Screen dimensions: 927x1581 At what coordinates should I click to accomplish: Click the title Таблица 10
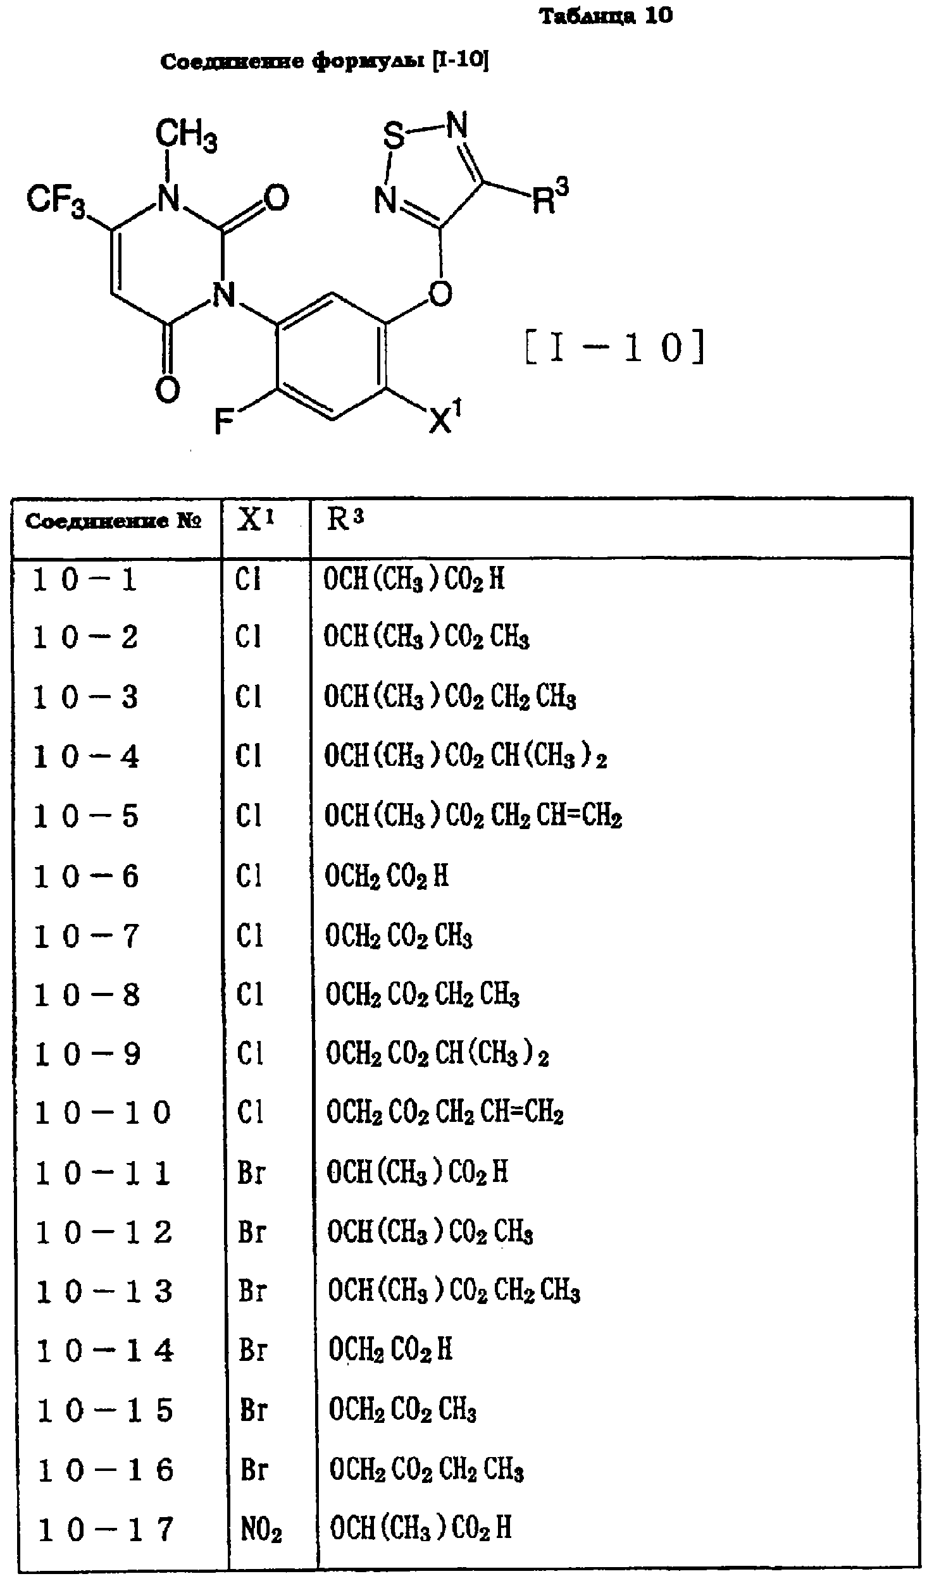[x=606, y=16]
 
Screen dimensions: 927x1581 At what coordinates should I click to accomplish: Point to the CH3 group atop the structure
[x=186, y=135]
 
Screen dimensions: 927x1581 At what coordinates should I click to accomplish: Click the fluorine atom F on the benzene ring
[x=225, y=421]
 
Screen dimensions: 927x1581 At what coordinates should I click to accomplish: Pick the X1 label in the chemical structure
[x=445, y=418]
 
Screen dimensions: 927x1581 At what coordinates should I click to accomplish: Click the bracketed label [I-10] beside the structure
[x=614, y=348]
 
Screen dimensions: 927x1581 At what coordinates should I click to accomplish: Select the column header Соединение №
[x=113, y=522]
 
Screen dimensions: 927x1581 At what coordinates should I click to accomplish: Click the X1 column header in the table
[x=256, y=520]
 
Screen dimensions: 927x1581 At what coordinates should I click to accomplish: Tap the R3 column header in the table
[x=345, y=520]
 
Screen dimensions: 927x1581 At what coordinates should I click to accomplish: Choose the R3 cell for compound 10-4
[x=466, y=756]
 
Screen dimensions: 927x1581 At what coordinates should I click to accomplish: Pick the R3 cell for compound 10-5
[x=473, y=816]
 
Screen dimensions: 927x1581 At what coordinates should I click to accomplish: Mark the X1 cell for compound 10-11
[x=251, y=1173]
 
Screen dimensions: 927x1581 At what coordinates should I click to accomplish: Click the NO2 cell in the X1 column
[x=261, y=1530]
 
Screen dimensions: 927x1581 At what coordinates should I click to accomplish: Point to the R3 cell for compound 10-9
[x=437, y=1054]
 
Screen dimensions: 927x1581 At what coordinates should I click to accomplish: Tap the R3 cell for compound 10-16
[x=426, y=1470]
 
